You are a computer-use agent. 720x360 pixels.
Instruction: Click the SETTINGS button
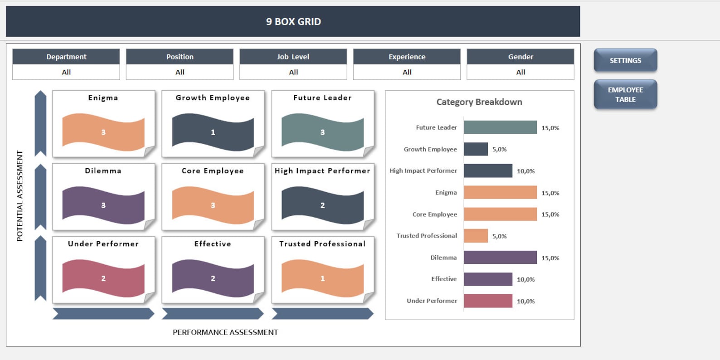coord(625,60)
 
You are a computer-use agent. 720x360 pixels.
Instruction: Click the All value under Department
coord(66,72)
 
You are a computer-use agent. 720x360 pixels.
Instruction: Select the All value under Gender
coord(521,72)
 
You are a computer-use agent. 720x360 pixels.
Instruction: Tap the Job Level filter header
coord(293,57)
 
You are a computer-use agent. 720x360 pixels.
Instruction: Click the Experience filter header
coord(407,57)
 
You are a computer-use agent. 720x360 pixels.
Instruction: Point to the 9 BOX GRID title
coord(293,22)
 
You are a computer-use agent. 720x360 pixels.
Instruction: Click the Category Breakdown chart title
coord(479,102)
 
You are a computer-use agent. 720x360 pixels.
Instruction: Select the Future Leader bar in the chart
coord(500,127)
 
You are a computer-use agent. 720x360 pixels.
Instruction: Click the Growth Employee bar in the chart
coord(476,149)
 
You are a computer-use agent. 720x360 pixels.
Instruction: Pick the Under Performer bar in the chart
coord(488,301)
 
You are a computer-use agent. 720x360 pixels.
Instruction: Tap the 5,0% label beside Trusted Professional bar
coord(499,236)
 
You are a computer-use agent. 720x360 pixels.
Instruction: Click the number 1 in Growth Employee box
coord(213,132)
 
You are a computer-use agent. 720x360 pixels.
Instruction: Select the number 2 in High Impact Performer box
coord(322,205)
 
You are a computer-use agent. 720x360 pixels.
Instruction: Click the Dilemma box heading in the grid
coord(103,171)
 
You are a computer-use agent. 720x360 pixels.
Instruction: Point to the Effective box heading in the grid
coord(213,244)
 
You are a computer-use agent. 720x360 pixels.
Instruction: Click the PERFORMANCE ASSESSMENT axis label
coord(225,332)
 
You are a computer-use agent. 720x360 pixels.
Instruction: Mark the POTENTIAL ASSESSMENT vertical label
coord(19,196)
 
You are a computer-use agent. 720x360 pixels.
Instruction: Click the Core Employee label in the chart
coord(434,214)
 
